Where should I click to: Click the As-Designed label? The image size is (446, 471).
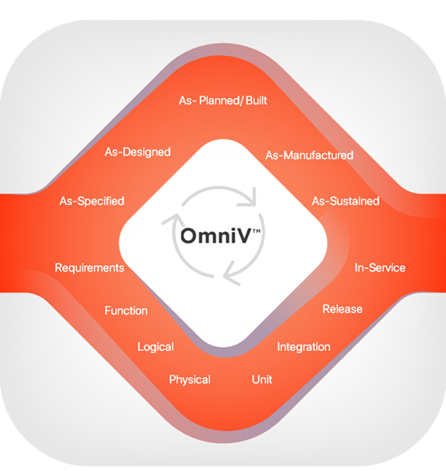[x=138, y=152]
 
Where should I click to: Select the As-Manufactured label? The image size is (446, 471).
[x=309, y=155]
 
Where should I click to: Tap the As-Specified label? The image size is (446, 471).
[x=92, y=201]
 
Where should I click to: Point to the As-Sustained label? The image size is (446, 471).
[x=345, y=201]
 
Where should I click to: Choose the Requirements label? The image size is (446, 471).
[x=89, y=268]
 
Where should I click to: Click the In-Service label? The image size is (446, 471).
[x=380, y=268]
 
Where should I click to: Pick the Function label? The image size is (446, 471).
[x=127, y=310]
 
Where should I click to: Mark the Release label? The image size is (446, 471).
[x=342, y=309]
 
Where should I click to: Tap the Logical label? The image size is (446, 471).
[x=156, y=347]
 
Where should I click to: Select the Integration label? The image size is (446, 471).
[x=304, y=347]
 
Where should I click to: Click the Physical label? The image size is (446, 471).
[x=190, y=379]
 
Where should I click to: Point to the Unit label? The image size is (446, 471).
[x=262, y=379]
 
